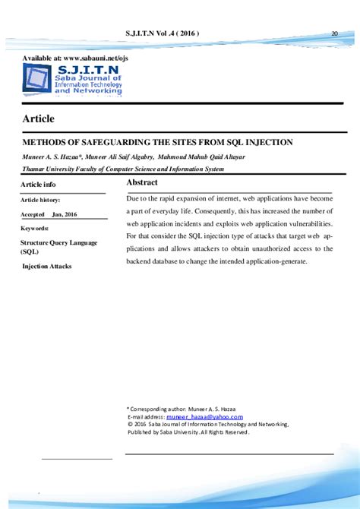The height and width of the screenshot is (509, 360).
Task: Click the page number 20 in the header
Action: tap(335, 33)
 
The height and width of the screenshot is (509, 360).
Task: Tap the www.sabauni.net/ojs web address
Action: tap(95, 58)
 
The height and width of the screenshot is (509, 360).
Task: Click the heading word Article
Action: tap(39, 119)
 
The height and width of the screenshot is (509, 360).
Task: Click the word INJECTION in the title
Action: tap(269, 142)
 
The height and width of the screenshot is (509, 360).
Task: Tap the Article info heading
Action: tap(38, 185)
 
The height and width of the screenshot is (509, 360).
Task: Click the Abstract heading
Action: tap(142, 183)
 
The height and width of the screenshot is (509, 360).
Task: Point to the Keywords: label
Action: tap(35, 228)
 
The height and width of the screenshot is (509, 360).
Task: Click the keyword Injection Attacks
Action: tap(46, 267)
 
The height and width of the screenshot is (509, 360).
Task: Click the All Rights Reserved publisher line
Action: tap(188, 432)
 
